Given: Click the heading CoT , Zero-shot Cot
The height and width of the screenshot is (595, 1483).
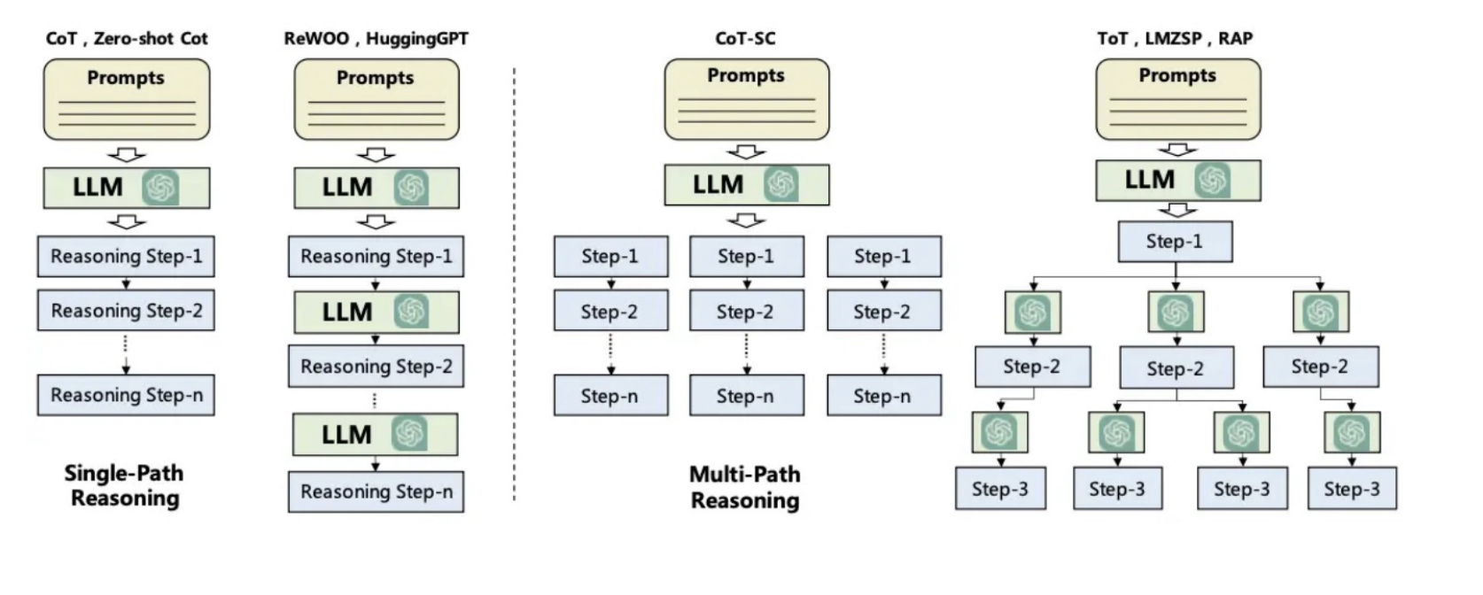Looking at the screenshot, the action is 127,38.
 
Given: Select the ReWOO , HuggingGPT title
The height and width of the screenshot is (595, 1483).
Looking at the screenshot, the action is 376,38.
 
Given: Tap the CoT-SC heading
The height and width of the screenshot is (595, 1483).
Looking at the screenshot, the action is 745,38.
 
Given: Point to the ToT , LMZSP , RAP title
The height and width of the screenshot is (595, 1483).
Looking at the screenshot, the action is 1175,38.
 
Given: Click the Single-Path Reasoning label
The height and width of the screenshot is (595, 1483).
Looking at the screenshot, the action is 124,485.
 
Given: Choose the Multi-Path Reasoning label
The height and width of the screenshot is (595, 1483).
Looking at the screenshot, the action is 745,487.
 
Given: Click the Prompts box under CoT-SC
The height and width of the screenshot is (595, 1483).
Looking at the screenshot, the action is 747,99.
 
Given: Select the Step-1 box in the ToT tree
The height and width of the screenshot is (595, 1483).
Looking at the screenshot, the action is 1175,242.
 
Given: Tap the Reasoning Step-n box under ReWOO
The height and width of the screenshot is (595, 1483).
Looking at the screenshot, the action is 376,491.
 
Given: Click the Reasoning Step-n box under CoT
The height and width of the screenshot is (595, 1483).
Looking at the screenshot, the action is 126,395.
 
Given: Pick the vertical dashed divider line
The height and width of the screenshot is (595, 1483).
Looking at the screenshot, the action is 514,283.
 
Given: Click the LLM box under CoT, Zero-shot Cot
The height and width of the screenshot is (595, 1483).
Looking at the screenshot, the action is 127,188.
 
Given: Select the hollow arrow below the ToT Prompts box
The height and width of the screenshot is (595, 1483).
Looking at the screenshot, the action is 1177,151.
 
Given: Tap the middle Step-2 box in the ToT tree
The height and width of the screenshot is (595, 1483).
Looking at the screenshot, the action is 1176,367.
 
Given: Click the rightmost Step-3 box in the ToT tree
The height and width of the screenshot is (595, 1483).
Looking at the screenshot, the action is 1352,489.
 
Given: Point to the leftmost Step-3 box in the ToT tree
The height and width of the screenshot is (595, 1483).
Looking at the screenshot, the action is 1000,489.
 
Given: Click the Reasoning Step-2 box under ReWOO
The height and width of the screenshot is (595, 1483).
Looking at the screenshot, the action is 376,366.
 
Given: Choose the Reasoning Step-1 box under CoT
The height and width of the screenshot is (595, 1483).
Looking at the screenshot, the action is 126,256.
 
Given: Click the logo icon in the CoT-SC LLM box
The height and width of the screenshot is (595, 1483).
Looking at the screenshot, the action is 781,184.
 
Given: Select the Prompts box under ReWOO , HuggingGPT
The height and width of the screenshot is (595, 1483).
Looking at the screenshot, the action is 377,99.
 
